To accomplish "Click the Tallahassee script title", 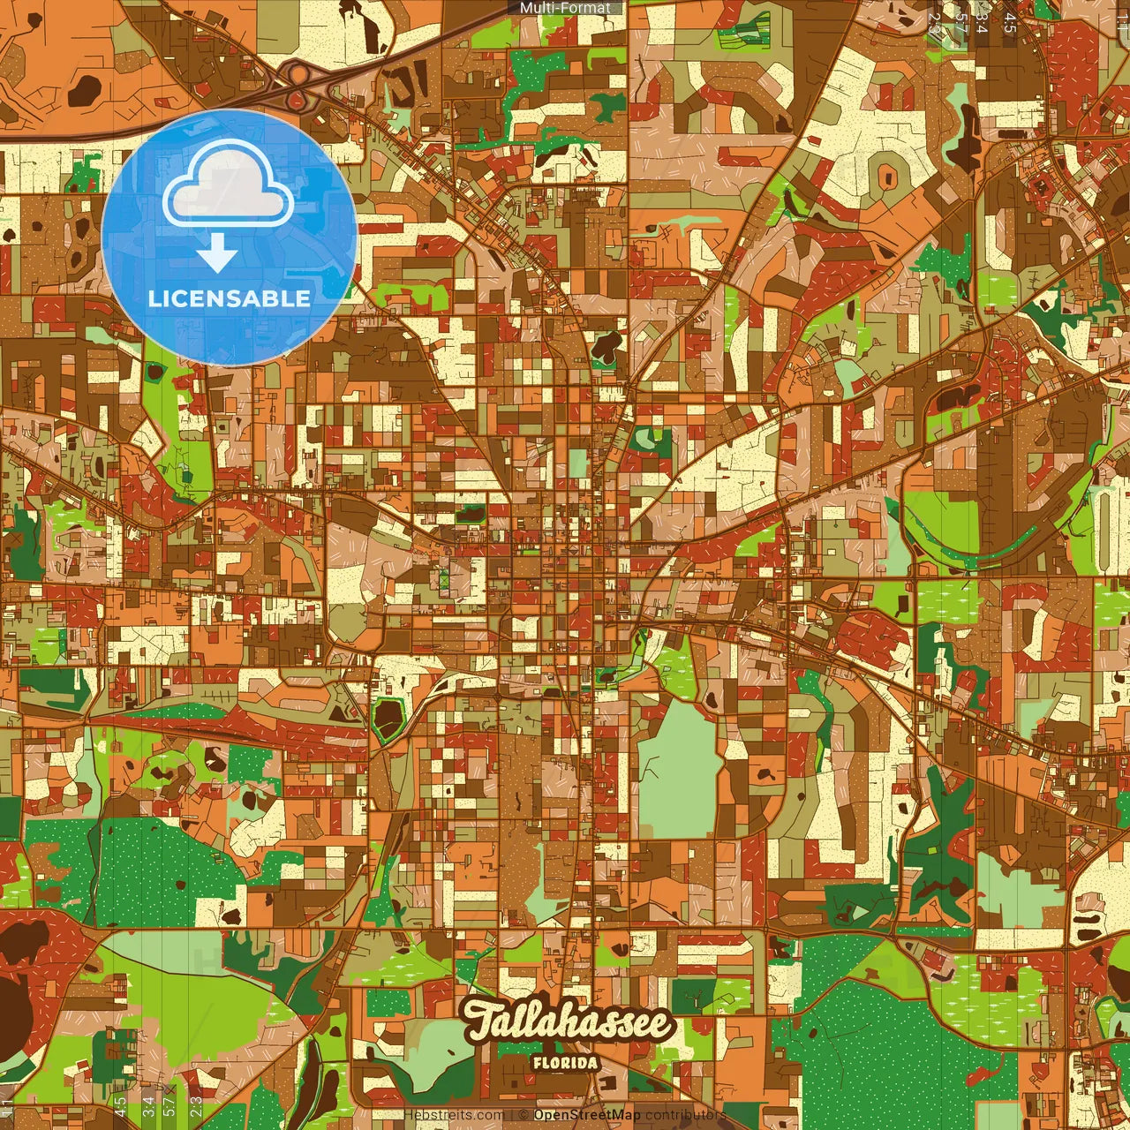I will (569, 1023).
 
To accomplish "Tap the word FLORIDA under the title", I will (566, 1063).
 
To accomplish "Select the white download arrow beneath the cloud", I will (217, 256).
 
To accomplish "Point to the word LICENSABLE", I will (230, 298).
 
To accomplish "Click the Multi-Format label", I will (565, 8).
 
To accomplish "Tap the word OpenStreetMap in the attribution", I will (587, 1115).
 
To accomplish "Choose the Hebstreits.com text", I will (454, 1115).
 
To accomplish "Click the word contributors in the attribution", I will (685, 1115).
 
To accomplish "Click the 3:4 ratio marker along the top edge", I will (982, 23).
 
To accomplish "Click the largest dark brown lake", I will (19, 980).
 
